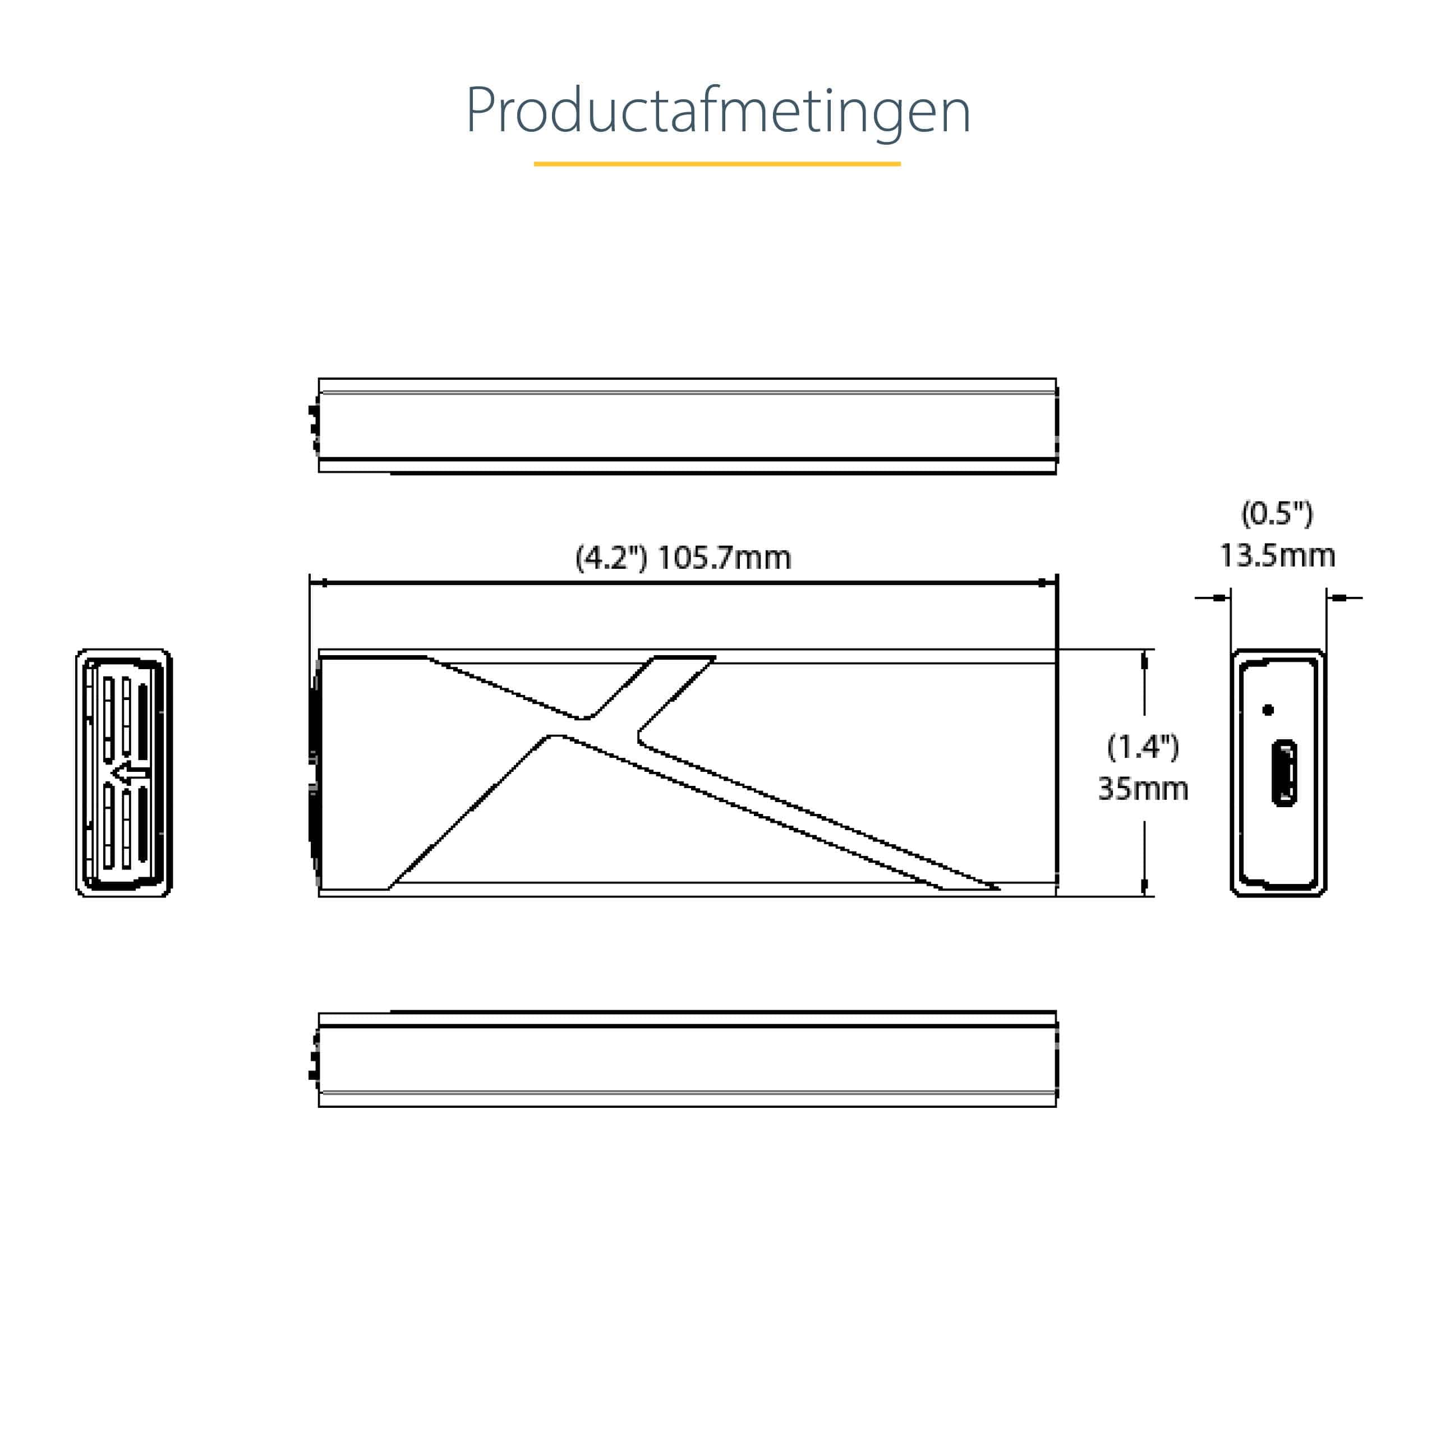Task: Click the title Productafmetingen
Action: (x=717, y=112)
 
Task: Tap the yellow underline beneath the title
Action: (x=717, y=164)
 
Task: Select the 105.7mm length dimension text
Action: (x=725, y=558)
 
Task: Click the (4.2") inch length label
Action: (x=611, y=558)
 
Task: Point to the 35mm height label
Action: (x=1143, y=789)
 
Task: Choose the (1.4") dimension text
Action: (x=1143, y=747)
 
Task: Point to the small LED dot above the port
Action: (x=1269, y=710)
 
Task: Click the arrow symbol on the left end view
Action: (x=130, y=773)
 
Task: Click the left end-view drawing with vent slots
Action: (x=124, y=773)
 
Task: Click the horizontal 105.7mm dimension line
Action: (x=684, y=583)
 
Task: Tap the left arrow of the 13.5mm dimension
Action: (x=1219, y=597)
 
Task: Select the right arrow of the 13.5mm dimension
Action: (x=1338, y=597)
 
